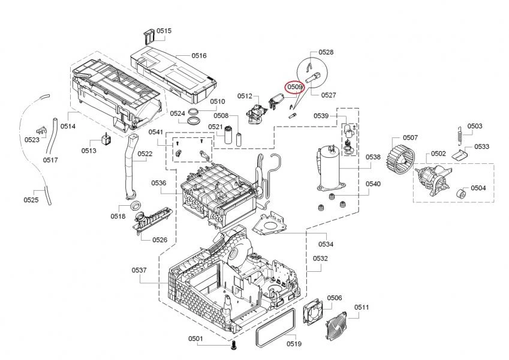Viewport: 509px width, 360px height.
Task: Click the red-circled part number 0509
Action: pos(294,88)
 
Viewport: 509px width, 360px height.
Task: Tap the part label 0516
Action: pos(199,56)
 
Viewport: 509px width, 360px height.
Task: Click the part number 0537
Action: pos(139,271)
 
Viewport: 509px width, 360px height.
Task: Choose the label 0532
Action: pos(321,259)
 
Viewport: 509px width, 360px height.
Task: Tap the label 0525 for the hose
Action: pos(32,200)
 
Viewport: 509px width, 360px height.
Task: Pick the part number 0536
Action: pos(158,183)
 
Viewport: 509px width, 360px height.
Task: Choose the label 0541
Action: pos(156,131)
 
